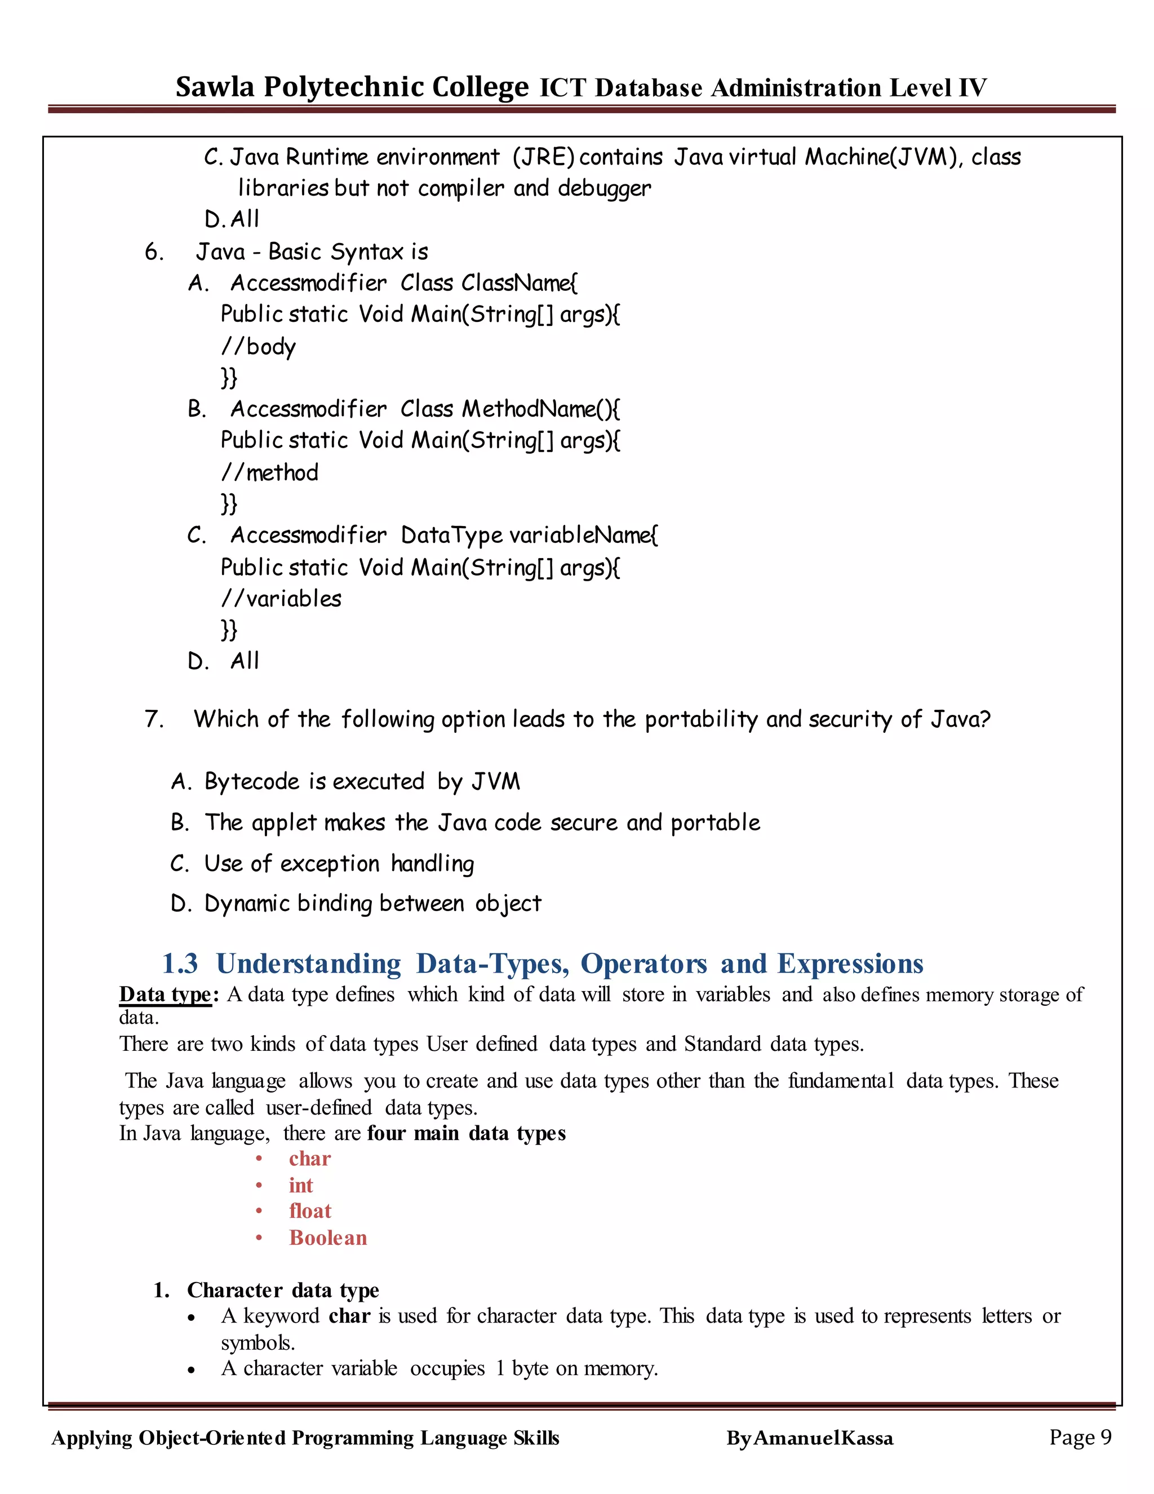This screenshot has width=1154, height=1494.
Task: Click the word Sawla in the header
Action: (x=215, y=87)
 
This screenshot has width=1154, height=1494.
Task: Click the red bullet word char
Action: (x=310, y=1158)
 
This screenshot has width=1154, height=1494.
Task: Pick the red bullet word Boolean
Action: (x=327, y=1237)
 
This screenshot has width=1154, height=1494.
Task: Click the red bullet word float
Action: (x=310, y=1211)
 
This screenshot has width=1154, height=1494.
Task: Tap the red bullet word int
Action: (x=301, y=1185)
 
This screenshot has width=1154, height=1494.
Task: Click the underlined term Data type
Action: (x=165, y=994)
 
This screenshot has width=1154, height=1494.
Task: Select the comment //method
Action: (x=269, y=472)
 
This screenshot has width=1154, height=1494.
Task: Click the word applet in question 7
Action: (x=284, y=822)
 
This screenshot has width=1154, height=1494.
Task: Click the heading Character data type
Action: (x=282, y=1289)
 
